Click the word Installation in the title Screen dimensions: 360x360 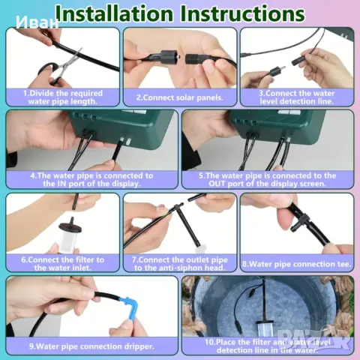(115, 13)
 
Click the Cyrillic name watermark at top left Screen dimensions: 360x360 (37, 22)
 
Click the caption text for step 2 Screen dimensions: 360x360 (179, 97)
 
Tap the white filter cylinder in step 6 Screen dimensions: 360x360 (70, 237)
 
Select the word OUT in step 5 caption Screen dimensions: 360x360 (217, 184)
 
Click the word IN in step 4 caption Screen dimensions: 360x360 (62, 184)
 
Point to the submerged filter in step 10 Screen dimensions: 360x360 (265, 328)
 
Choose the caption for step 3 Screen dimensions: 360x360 (296, 97)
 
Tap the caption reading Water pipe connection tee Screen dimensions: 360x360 (296, 264)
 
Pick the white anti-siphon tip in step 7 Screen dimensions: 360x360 (200, 249)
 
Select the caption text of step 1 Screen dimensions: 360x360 (62, 97)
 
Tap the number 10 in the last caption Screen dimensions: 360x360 (209, 342)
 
